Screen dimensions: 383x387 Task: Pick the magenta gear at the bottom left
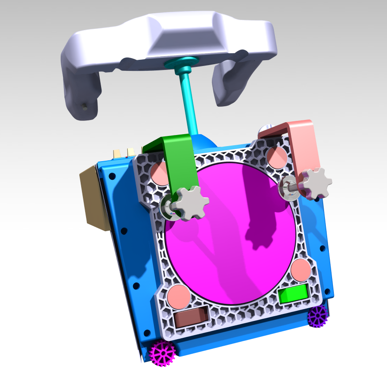coord(162,353)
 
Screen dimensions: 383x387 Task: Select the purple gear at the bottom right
coord(318,316)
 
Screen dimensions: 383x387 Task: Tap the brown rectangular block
coord(191,317)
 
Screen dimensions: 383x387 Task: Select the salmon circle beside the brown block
coord(179,296)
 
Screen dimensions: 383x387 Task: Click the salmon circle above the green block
coord(301,270)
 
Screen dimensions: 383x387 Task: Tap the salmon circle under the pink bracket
coord(277,156)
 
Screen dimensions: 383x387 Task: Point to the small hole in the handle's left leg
coord(85,106)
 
